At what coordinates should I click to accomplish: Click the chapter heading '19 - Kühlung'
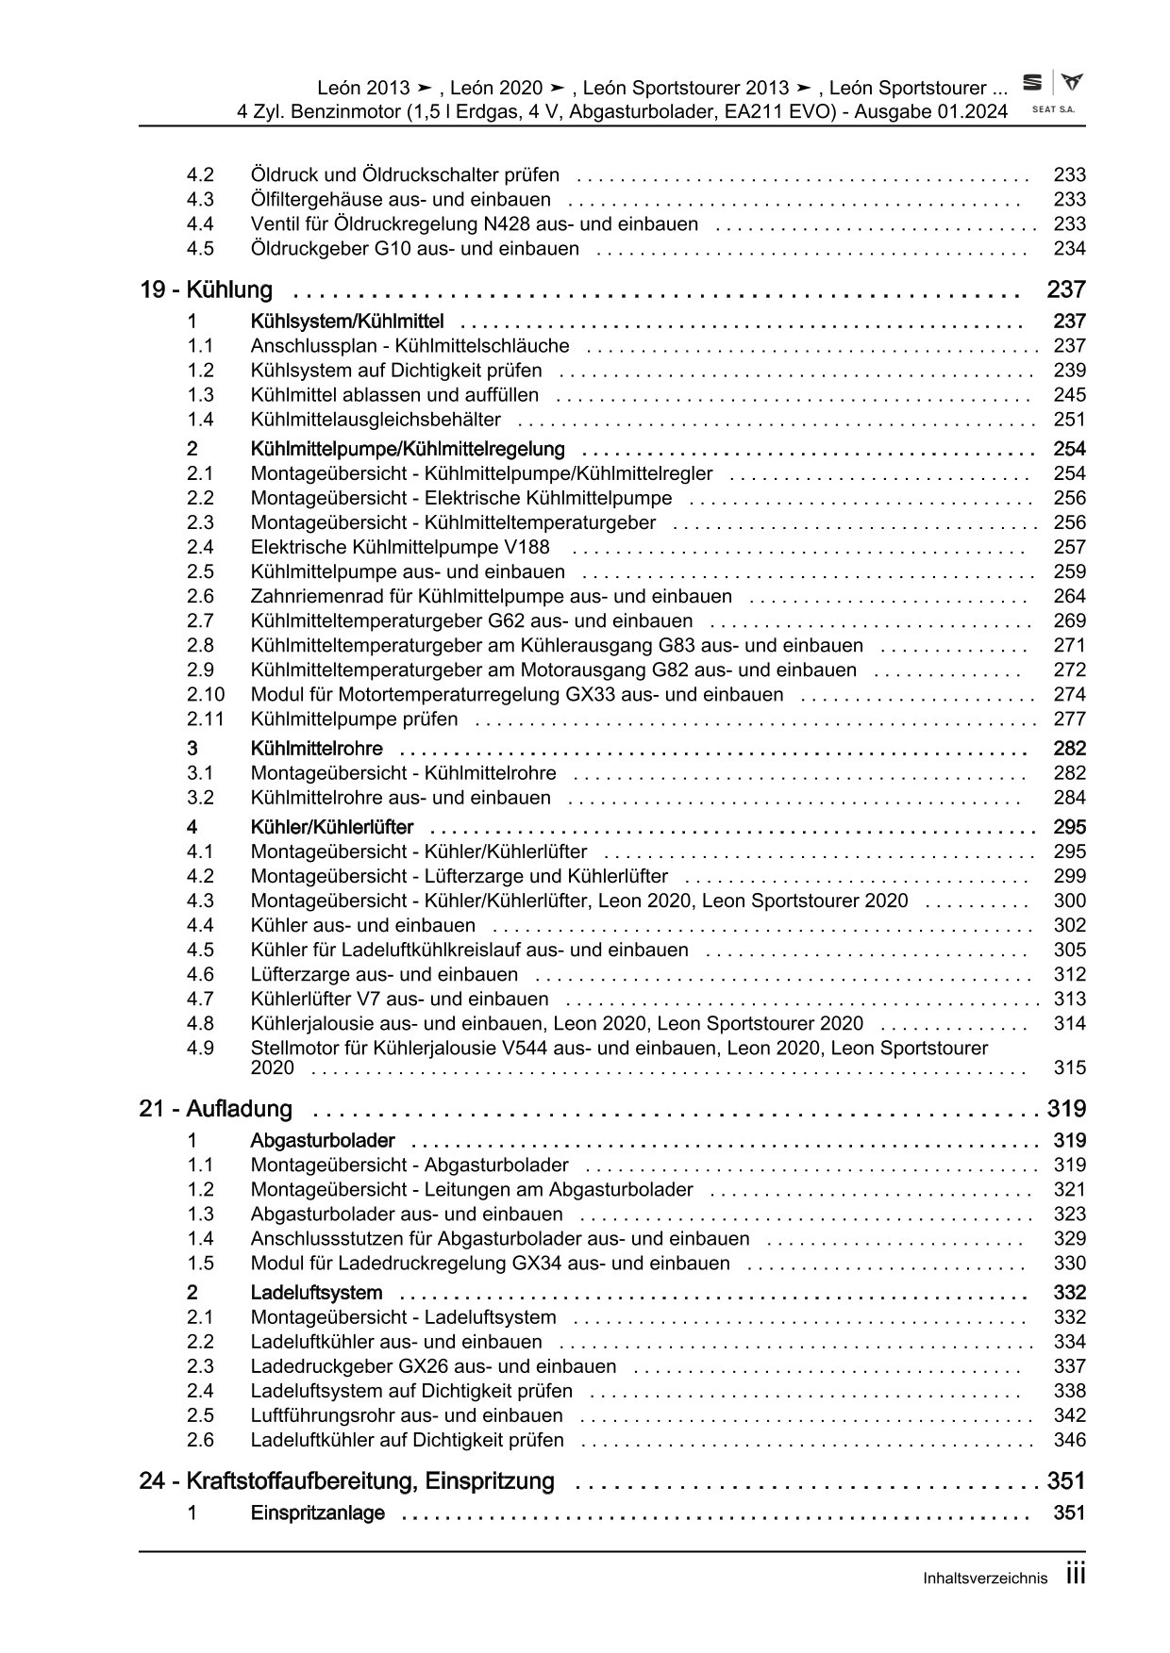click(x=206, y=290)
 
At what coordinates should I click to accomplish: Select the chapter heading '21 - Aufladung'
click(x=215, y=1109)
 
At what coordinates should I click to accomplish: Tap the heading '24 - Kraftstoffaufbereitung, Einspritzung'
click(x=346, y=1481)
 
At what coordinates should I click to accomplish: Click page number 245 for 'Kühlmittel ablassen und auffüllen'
click(x=1069, y=395)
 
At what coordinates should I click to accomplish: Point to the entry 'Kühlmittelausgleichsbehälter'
click(x=376, y=420)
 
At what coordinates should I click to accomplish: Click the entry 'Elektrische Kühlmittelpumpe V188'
click(x=399, y=547)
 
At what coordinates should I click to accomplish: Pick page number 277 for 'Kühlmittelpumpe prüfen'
click(x=1069, y=719)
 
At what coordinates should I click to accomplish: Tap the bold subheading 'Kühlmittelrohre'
click(x=316, y=749)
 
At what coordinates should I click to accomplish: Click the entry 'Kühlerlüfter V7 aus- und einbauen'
click(x=399, y=999)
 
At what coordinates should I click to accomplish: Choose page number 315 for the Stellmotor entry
click(x=1069, y=1068)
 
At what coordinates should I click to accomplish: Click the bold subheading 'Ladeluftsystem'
click(x=316, y=1293)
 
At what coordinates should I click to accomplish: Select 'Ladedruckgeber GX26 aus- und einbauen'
click(x=433, y=1366)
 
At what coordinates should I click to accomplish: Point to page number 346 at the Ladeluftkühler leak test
click(x=1069, y=1440)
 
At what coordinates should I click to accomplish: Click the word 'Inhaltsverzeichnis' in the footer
click(x=986, y=1579)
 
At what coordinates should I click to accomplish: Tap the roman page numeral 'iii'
click(x=1075, y=1575)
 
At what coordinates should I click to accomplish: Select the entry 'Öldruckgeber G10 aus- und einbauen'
click(x=414, y=249)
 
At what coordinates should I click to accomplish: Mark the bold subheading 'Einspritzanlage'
click(x=317, y=1513)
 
